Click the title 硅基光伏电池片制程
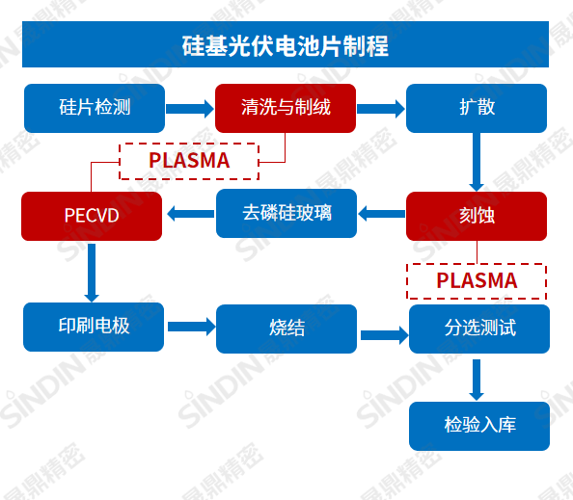pos(286,45)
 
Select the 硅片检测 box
pos(94,108)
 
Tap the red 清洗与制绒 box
pos(286,108)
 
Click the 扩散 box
pos(477,108)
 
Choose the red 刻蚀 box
pos(477,216)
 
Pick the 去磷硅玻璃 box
pos(286,213)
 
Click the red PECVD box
pos(93,216)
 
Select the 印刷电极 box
pos(94,327)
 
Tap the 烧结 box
pos(286,329)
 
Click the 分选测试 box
pos(478,329)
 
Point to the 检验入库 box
pos(478,425)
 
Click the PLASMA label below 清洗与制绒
pos(189,161)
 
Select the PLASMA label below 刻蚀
pos(477,280)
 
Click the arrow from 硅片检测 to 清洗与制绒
pos(190,109)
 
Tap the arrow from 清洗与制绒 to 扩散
pos(381,109)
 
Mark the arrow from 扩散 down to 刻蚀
pos(476,162)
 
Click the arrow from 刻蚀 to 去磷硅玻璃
pos(381,214)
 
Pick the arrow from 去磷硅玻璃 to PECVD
pos(190,214)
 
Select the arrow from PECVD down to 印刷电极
pos(93,272)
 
